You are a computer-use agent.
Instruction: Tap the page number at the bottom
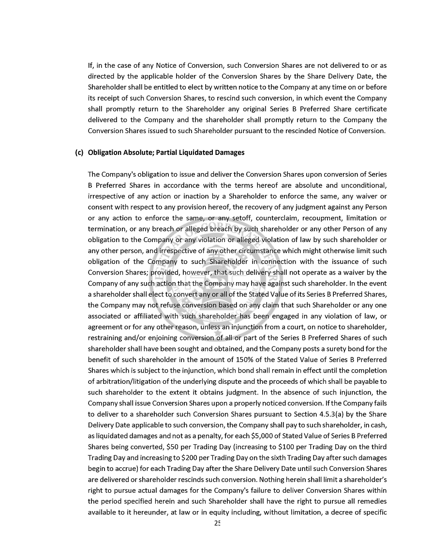click(x=217, y=523)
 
